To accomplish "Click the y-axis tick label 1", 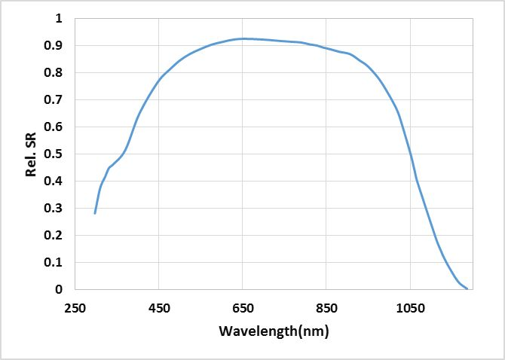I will coord(60,18).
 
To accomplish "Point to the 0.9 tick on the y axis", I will coord(57,45).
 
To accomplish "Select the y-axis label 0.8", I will coord(57,72).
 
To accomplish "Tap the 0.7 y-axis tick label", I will coord(57,99).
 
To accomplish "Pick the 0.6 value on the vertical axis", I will coord(57,127).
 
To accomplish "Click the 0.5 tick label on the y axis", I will coord(57,154).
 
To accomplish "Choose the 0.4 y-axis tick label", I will coord(57,181).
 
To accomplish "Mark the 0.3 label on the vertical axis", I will coord(57,208).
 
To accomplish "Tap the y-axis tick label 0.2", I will coord(57,235).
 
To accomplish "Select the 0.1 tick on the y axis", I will coord(57,262).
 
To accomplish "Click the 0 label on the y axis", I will coord(60,289).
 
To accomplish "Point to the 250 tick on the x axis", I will coord(75,308).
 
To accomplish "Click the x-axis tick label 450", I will coord(158,308).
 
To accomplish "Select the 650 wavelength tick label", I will coord(242,308).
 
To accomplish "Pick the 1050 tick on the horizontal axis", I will coord(409,308).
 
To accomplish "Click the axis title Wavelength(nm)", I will coord(274,331).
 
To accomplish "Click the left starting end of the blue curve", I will coord(95,213).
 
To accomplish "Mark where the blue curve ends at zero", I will coord(467,288).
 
